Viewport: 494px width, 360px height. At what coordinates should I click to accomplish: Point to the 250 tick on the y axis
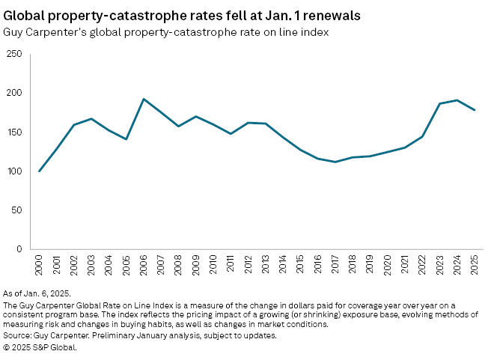[13, 54]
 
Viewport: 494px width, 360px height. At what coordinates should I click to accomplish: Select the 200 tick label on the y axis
[13, 93]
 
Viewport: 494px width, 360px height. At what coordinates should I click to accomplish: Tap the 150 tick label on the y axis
[13, 132]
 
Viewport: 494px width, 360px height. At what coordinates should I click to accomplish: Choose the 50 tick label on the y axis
[16, 210]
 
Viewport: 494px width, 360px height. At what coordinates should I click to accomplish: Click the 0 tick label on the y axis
[19, 249]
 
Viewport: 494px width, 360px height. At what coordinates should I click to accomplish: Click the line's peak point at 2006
[144, 99]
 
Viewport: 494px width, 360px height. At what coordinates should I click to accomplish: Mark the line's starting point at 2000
[40, 171]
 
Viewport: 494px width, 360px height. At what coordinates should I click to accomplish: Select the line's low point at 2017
[335, 162]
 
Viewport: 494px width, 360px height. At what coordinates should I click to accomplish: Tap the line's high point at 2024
[457, 100]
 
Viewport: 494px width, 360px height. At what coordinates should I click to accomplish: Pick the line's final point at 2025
[474, 110]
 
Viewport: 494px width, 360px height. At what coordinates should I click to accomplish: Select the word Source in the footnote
[18, 336]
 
